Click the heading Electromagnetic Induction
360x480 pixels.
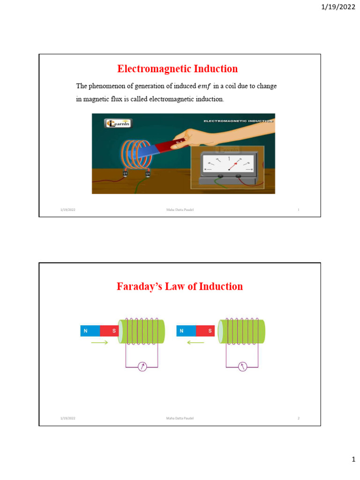(x=177, y=69)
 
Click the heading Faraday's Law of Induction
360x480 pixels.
(x=180, y=286)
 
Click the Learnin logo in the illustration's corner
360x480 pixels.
(x=118, y=123)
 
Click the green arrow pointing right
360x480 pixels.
(x=99, y=343)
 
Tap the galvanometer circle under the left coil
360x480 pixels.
(x=142, y=367)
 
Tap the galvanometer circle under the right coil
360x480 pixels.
(x=242, y=367)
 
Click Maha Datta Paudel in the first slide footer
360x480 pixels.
(x=180, y=210)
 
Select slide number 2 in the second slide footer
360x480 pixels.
(x=298, y=418)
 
